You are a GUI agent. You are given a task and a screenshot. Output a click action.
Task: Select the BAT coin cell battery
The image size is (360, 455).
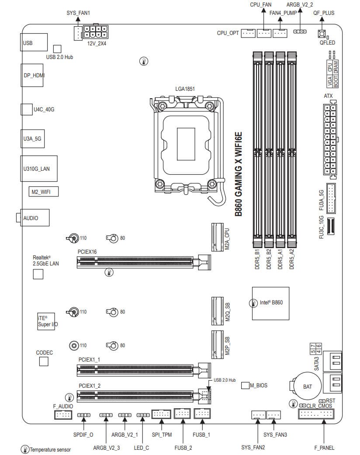[307, 386]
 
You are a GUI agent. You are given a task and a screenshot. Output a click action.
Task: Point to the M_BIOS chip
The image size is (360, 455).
[245, 385]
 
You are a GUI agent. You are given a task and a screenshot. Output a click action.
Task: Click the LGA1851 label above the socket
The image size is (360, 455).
[185, 89]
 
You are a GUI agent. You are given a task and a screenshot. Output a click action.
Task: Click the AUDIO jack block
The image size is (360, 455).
[32, 217]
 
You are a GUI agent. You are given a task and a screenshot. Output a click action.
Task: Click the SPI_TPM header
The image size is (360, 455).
[161, 414]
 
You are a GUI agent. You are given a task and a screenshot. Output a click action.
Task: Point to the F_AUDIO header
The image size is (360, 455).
[63, 414]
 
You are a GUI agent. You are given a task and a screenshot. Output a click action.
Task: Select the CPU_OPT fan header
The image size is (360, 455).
[248, 33]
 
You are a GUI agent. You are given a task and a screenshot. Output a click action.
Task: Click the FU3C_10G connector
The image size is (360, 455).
[330, 227]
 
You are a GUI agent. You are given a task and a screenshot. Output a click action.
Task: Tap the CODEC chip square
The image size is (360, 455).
[43, 361]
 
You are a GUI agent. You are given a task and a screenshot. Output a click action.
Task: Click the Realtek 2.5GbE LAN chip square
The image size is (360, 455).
[39, 274]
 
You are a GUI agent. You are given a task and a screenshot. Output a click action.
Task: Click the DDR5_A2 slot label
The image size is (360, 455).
[291, 259]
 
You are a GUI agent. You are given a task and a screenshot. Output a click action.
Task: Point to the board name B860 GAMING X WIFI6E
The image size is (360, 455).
[239, 175]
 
